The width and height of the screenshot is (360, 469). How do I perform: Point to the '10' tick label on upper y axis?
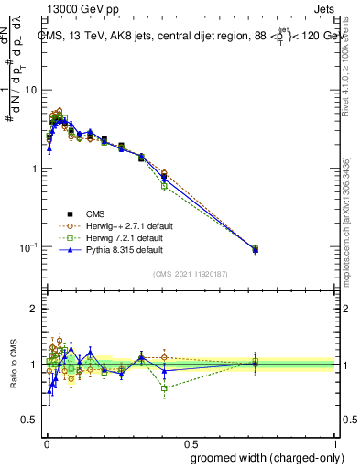29,90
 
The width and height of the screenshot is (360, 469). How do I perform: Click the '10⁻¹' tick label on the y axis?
27,247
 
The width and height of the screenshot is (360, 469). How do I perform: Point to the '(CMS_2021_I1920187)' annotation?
191,273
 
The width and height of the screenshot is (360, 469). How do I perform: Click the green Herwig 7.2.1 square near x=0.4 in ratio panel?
164,388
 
